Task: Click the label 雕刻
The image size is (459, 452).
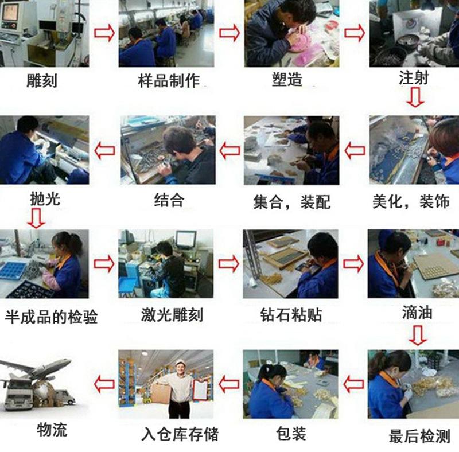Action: [x=42, y=81]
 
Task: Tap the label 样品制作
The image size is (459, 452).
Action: [x=169, y=81]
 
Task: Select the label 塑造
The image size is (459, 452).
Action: [x=287, y=80]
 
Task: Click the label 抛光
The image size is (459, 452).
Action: [x=44, y=198]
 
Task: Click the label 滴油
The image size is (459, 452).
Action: [x=417, y=313]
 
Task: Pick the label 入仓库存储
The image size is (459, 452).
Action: [x=180, y=434]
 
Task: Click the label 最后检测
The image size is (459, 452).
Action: [x=419, y=436]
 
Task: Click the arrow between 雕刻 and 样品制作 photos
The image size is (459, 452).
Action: [x=104, y=33]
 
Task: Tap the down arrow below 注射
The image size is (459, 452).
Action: [x=415, y=99]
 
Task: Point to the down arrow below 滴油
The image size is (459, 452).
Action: [x=417, y=335]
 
